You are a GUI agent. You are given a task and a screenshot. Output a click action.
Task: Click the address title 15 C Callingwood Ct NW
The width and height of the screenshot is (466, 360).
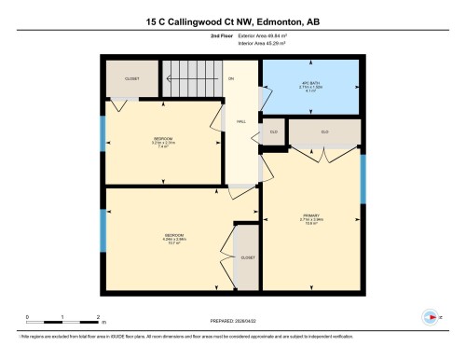(x=232, y=20)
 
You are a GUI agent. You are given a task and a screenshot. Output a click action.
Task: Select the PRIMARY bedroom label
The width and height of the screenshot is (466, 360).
(x=310, y=220)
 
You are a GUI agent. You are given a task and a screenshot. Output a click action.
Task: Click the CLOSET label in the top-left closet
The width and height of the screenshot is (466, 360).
(x=132, y=79)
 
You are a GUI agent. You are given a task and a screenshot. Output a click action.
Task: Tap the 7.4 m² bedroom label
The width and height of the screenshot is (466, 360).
(x=162, y=143)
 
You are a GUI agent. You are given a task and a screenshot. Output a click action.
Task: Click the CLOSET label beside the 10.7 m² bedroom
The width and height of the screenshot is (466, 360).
(x=247, y=256)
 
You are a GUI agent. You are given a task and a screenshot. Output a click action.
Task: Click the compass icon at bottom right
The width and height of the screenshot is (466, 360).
(x=430, y=316)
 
